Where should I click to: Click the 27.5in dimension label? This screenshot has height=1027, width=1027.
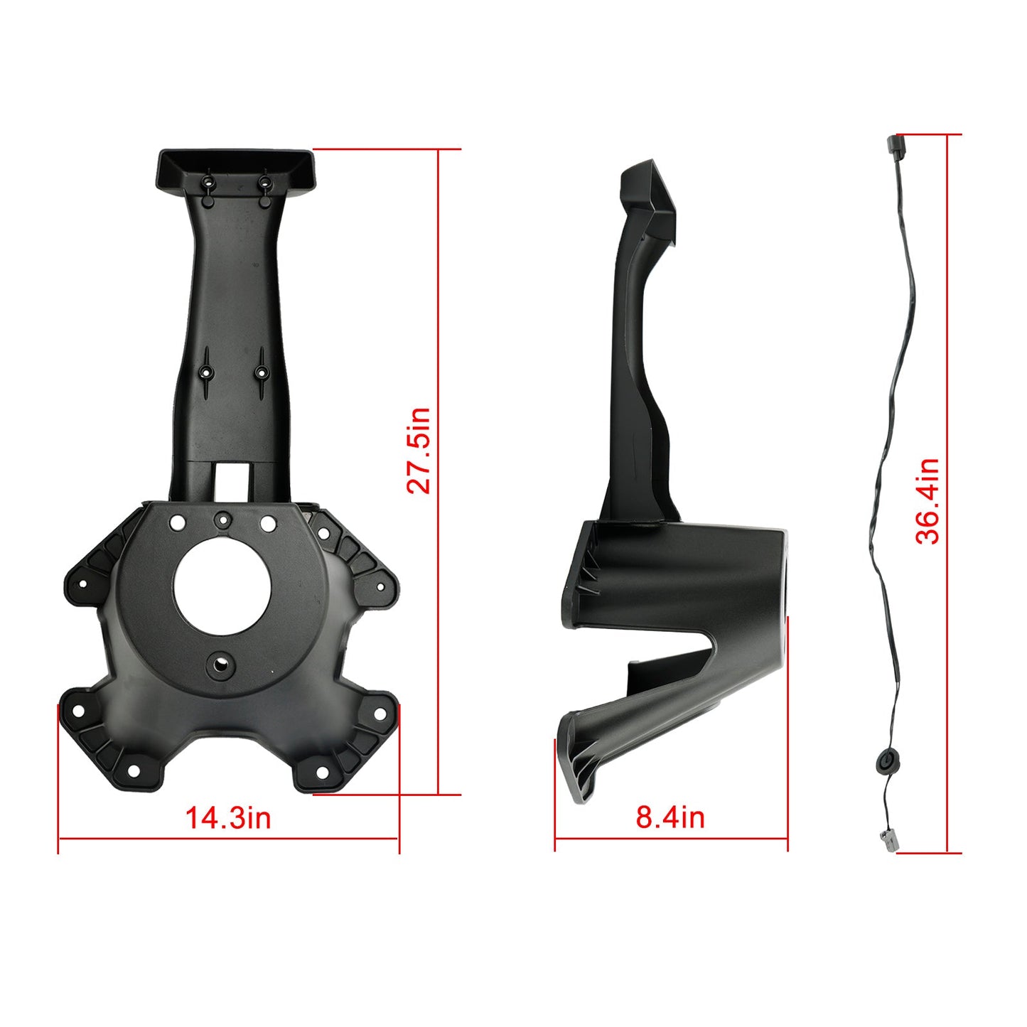pos(419,451)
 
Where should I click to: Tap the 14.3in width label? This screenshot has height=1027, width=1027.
pos(228,818)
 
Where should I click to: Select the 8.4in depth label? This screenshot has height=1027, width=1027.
pos(670,818)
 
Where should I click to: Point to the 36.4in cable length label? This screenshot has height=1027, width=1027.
pos(927,502)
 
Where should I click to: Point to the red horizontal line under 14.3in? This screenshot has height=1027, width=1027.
pos(228,839)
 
